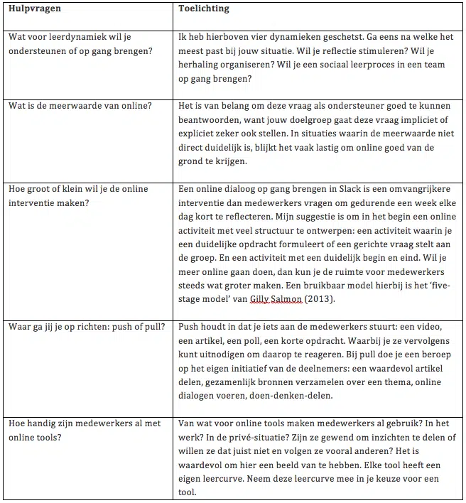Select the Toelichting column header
[203, 9]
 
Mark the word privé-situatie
[259, 438]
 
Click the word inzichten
[386, 438]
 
